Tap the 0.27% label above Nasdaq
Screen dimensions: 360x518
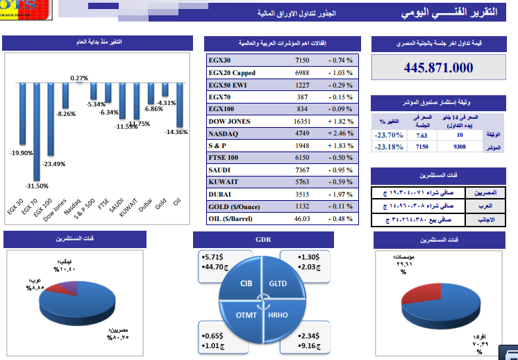[x=79, y=78]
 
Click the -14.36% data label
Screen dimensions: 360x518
[x=176, y=131]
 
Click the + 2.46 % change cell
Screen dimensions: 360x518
[x=340, y=133]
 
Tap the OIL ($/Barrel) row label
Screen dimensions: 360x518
[x=233, y=219]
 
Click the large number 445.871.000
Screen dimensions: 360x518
[x=438, y=67]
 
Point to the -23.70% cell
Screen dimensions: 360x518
[x=388, y=135]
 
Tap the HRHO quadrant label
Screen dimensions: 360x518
[x=278, y=315]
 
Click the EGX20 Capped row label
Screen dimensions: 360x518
[x=232, y=72]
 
